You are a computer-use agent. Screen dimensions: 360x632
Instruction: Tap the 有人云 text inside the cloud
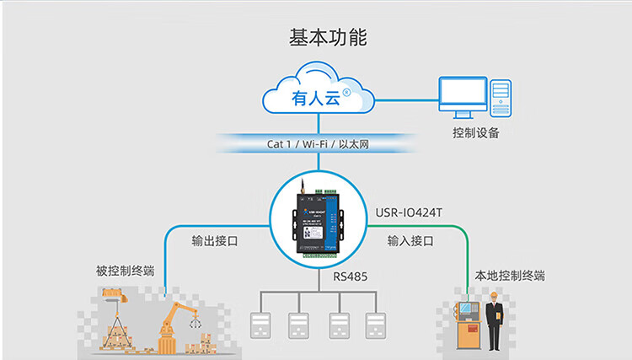pyautogui.click(x=314, y=99)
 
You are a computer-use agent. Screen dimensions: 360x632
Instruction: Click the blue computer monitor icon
pyautogui.click(x=463, y=97)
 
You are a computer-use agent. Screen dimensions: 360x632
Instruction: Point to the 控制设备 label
pyautogui.click(x=476, y=132)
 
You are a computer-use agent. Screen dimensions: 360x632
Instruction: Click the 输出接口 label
pyautogui.click(x=215, y=241)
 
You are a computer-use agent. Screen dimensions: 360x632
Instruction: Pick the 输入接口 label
pyautogui.click(x=410, y=241)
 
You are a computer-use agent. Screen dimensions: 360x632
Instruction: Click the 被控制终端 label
pyautogui.click(x=126, y=271)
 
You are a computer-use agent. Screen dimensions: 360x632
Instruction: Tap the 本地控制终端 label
pyautogui.click(x=510, y=275)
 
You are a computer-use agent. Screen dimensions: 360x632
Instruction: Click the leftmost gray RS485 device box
pyautogui.click(x=259, y=325)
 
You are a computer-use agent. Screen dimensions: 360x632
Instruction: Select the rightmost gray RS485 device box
pyautogui.click(x=374, y=325)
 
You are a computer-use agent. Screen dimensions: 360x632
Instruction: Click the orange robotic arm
pyautogui.click(x=174, y=325)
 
